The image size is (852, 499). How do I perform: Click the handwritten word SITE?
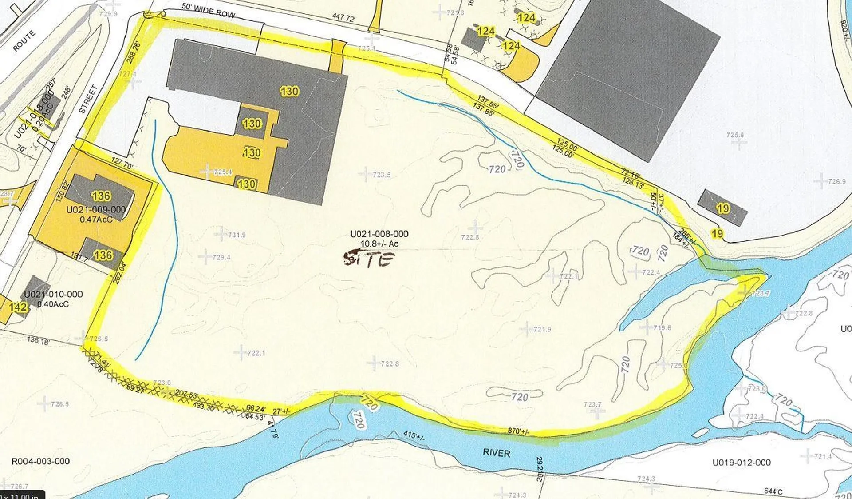pos(369,259)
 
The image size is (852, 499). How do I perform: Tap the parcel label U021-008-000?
pos(379,234)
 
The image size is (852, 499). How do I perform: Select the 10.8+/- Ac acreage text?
pos(379,244)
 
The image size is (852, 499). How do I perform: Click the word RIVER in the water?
pos(496,453)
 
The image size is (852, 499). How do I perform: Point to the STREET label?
pos(88,100)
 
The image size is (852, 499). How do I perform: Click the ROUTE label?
pos(24,41)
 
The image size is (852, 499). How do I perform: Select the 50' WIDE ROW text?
pos(208,11)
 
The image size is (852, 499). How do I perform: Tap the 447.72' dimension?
pos(344,18)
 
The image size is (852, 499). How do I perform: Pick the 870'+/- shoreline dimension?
pos(518,431)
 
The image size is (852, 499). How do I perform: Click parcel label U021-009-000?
pos(96,209)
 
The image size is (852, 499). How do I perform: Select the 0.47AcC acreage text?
pos(96,219)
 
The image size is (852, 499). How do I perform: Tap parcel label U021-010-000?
pos(53,294)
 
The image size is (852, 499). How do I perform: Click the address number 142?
pos(18,307)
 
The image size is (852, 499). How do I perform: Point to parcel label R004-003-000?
pos(40,461)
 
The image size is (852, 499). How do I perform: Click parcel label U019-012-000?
pos(742,462)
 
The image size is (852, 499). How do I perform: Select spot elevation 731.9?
pos(237,235)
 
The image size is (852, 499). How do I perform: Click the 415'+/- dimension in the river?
pos(414,435)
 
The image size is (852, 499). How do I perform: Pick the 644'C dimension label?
pos(773,491)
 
